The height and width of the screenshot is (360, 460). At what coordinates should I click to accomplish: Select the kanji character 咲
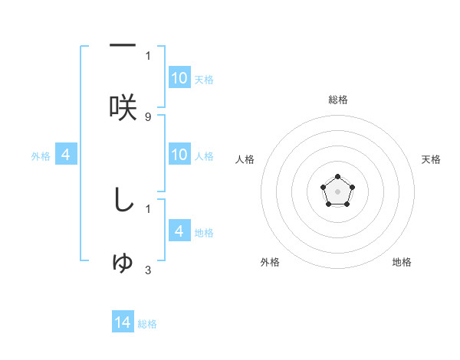point(123,107)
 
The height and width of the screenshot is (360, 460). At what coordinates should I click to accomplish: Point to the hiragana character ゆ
point(123,263)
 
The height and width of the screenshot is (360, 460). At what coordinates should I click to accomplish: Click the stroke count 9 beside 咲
point(148,116)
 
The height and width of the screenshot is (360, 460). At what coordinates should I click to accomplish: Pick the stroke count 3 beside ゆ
point(148,270)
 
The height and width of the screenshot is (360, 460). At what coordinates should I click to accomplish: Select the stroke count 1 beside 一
point(148,55)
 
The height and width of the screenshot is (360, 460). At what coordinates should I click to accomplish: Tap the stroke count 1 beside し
point(148,208)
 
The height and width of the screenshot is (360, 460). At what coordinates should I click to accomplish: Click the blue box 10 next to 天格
point(179,78)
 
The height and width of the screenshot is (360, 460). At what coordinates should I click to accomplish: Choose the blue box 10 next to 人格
point(179,155)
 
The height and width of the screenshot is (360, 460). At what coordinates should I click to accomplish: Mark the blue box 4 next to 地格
point(179,231)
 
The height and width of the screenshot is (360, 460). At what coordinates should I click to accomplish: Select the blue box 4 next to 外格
point(66,155)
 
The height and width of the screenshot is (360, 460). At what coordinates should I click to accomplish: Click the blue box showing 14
point(123,322)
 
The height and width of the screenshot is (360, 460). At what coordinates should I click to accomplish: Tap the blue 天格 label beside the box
point(203,80)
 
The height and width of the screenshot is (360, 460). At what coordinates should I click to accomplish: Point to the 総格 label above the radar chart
point(337,100)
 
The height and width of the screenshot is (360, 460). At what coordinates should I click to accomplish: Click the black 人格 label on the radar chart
point(245,159)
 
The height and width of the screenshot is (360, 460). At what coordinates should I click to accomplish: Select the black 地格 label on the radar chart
point(402,262)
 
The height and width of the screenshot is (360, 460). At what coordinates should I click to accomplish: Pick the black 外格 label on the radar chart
point(270,262)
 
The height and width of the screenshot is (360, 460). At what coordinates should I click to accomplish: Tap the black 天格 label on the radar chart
point(431,159)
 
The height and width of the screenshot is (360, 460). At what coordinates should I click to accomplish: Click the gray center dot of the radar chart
point(337,191)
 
